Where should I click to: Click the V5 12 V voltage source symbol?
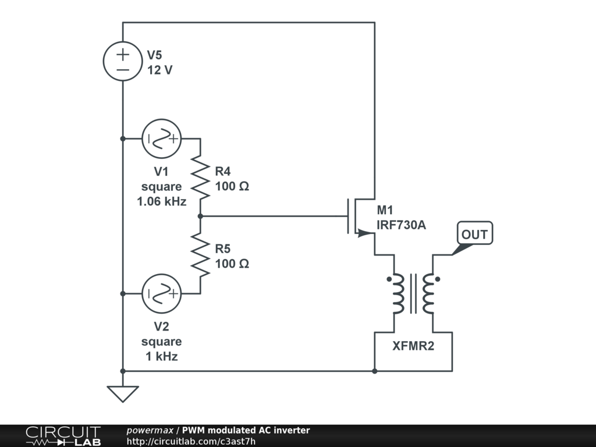click(123, 61)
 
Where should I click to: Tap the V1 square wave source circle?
click(162, 139)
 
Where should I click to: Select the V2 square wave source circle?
click(162, 294)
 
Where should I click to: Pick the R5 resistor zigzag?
click(200, 255)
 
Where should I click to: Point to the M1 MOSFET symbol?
click(360, 216)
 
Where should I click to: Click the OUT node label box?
click(475, 233)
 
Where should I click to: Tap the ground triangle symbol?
click(123, 394)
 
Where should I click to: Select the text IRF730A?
click(402, 225)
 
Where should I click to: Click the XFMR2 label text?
click(413, 346)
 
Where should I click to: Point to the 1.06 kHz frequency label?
click(162, 201)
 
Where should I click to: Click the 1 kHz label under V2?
click(162, 356)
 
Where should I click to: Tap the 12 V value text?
click(159, 70)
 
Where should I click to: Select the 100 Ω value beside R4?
click(232, 186)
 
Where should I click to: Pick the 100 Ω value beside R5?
click(232, 264)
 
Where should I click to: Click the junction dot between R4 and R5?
click(200, 216)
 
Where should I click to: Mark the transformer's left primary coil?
click(398, 293)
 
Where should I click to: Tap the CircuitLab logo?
click(63, 436)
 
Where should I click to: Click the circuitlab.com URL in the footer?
click(191, 441)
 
